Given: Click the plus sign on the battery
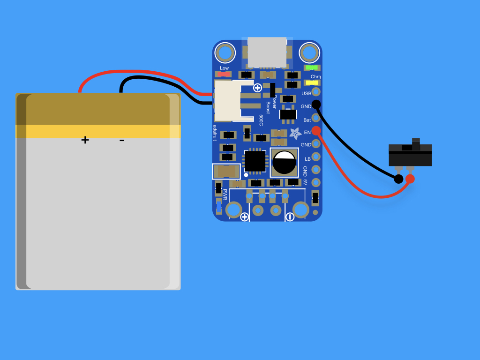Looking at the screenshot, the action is click(x=85, y=140).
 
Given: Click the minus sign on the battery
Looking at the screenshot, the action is click(x=122, y=141).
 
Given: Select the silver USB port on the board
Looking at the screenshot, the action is click(x=267, y=52).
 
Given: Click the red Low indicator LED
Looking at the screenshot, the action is click(x=224, y=75).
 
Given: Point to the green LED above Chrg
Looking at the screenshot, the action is click(x=312, y=67).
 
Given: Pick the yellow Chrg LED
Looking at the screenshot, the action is click(x=312, y=82).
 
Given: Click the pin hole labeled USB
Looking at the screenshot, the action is click(x=316, y=91).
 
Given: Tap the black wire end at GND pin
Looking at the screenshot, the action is click(x=316, y=105).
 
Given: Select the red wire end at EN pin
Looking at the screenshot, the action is click(x=316, y=131).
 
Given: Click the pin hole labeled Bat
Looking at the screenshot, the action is click(x=316, y=118).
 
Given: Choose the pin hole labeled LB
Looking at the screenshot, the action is click(x=316, y=157).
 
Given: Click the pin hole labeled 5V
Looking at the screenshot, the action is click(x=316, y=182).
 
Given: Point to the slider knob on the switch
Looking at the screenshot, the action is click(x=416, y=144).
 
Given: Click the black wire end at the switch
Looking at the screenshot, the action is click(x=398, y=179).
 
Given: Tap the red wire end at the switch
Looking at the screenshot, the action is click(x=410, y=179).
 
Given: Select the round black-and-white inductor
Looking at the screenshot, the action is click(x=284, y=163).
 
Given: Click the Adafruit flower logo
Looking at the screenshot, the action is click(x=295, y=133).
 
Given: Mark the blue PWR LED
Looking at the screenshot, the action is click(x=219, y=206).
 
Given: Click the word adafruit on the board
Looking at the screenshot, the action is click(x=215, y=133).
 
